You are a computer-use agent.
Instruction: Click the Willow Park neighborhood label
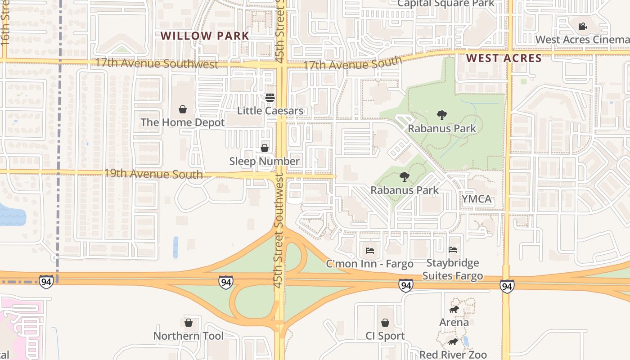coord(205,36)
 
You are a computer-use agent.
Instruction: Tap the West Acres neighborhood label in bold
coord(504,58)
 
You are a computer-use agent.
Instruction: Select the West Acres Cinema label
coord(582,40)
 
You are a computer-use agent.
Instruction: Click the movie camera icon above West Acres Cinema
coord(582,26)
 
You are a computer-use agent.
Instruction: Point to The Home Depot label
coord(182,122)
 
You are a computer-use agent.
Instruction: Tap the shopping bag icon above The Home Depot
coord(183,109)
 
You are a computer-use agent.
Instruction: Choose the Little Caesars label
coord(270,111)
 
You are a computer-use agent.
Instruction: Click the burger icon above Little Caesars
coord(270,98)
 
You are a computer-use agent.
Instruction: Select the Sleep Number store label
coord(264,161)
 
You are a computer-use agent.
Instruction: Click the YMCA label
coord(477,199)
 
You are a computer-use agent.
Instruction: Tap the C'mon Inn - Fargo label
coord(369,264)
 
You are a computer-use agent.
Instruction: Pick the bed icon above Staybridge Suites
coord(453,250)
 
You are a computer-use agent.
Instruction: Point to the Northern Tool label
coord(188,336)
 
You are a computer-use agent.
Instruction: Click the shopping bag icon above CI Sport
coord(385,323)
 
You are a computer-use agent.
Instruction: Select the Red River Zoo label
coord(453,355)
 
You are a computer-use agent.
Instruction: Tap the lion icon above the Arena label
coord(454,310)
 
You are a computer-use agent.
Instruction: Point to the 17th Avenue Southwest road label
coord(156,63)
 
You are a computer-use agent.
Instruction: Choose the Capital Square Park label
coord(446,4)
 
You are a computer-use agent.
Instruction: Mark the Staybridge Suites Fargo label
coord(453,269)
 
